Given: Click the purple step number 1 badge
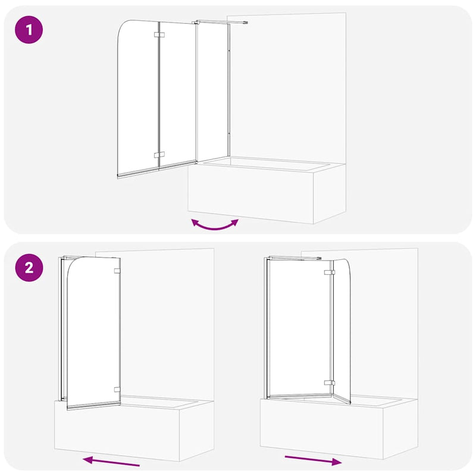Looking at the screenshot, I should pyautogui.click(x=29, y=30).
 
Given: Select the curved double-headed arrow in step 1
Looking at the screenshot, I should pyautogui.click(x=214, y=225).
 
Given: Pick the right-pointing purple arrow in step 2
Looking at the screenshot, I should pyautogui.click(x=313, y=459).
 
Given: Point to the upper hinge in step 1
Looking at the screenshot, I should pyautogui.click(x=158, y=36).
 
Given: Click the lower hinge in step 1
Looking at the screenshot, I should pyautogui.click(x=158, y=155).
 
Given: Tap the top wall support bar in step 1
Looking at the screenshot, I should pyautogui.click(x=220, y=23).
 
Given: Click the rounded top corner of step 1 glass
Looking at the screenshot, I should pyautogui.click(x=126, y=27).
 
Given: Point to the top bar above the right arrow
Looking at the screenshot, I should pyautogui.click(x=295, y=258).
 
